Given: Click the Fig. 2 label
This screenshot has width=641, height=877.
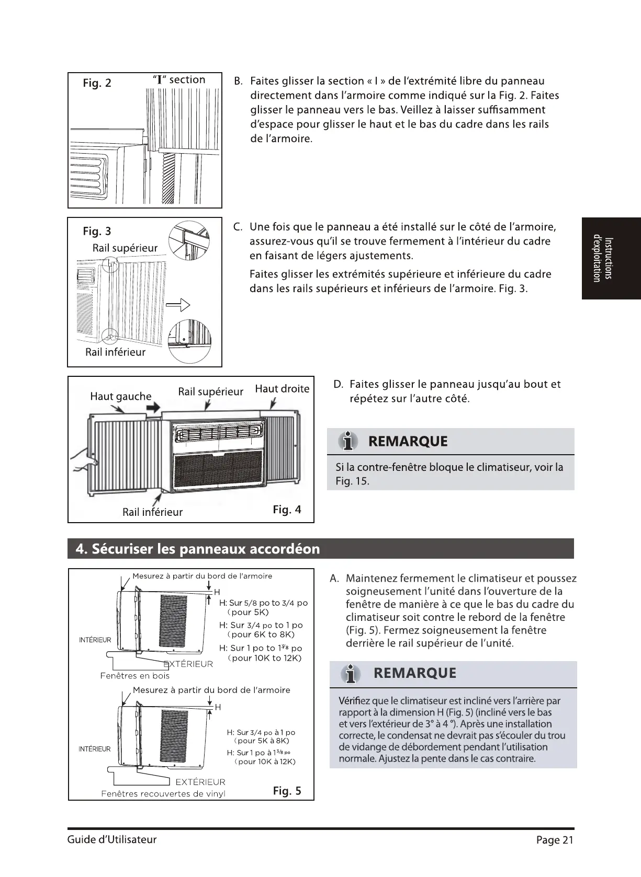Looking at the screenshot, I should point(97,83).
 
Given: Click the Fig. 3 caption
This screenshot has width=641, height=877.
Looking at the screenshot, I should point(97,231).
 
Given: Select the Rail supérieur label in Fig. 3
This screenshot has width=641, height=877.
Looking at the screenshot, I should point(125,248).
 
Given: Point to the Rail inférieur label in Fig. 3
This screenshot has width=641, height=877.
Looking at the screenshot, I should point(115,352).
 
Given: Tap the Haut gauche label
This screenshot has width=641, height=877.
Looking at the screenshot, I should point(120,396).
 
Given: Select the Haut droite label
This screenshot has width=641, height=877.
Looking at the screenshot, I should point(282,389).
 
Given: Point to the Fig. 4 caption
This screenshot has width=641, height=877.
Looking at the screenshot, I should point(287,510).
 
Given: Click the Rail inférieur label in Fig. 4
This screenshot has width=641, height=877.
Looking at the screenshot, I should point(152,512).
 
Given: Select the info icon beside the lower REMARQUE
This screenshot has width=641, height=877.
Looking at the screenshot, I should point(351,675).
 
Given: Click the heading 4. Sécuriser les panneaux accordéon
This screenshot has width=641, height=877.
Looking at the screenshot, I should point(198,549).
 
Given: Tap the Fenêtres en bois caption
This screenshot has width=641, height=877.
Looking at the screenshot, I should point(135,676).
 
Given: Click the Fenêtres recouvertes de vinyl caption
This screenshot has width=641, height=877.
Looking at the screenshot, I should point(163,794).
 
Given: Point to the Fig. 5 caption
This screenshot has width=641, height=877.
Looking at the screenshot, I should point(287,791).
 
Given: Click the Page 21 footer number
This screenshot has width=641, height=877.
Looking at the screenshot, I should point(555,840).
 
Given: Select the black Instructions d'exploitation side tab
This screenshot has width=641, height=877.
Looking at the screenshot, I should point(611,259).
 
